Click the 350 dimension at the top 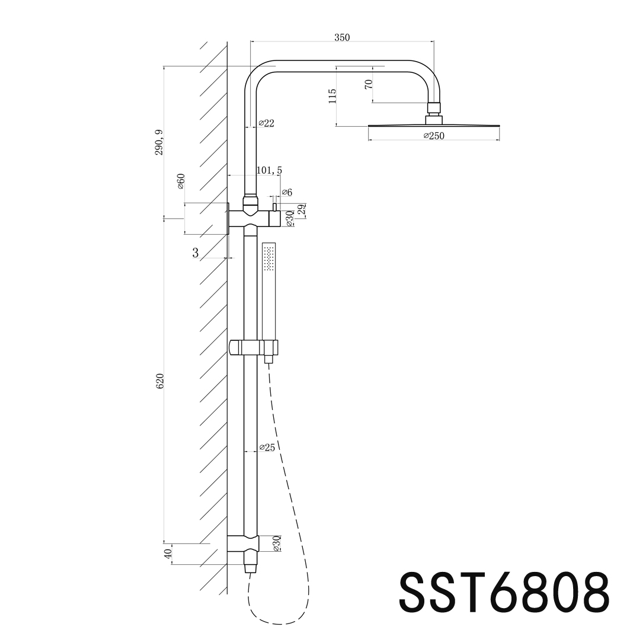342,37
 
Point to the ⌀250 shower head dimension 433,136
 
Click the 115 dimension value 332,95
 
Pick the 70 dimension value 369,84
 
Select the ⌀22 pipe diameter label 266,123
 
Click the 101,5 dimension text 269,171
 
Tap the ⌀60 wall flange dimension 181,181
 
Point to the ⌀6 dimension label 287,192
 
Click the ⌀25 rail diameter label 267,447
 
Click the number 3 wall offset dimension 195,253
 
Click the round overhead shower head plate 433,126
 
